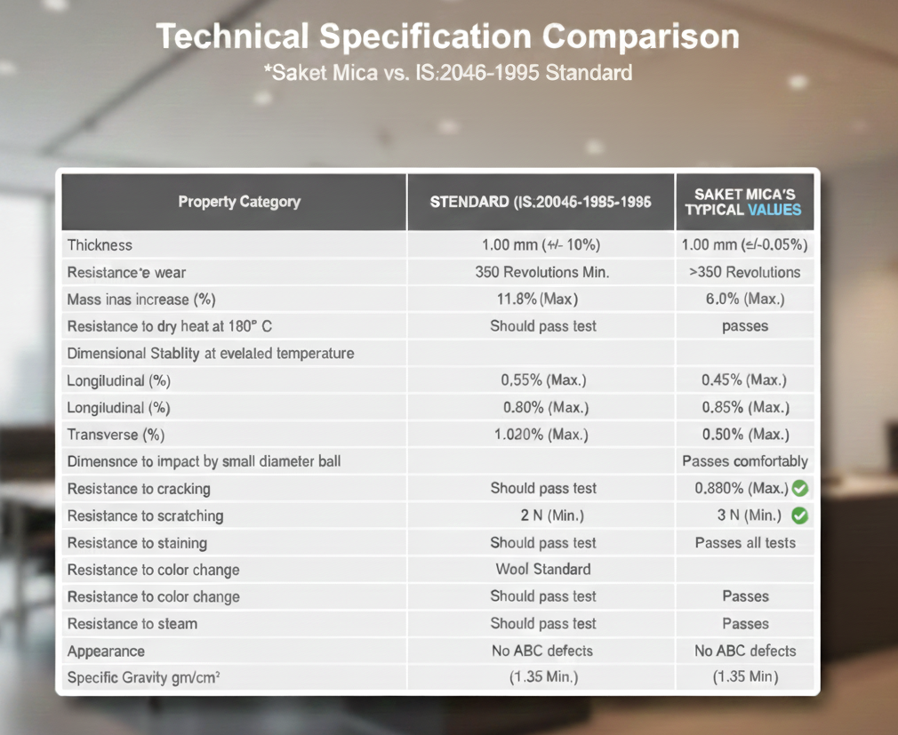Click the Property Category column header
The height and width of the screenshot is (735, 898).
(239, 202)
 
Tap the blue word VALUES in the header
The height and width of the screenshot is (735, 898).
(774, 210)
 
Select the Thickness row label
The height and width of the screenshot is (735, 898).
(100, 245)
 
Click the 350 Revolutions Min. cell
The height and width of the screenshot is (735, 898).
(541, 272)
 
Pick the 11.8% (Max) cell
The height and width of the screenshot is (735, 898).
(537, 299)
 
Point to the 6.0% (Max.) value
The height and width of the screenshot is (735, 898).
(745, 299)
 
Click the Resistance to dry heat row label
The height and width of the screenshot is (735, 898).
(170, 326)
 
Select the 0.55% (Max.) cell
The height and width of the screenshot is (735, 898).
(543, 380)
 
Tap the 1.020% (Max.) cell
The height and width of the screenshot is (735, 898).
(541, 435)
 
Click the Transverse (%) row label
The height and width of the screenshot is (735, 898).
(116, 435)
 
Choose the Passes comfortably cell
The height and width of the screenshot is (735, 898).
(744, 461)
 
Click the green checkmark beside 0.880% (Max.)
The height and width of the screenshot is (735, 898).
(800, 488)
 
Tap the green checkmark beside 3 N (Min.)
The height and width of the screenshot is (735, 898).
(800, 515)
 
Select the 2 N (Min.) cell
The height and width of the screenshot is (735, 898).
(552, 515)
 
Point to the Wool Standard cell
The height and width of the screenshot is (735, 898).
(543, 569)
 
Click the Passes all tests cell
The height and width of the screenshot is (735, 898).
(745, 543)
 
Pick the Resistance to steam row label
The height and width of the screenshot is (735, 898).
(132, 623)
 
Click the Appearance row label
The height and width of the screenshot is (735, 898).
(106, 651)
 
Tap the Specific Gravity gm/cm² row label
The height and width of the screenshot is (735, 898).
(144, 677)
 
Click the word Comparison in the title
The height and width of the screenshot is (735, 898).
(641, 36)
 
